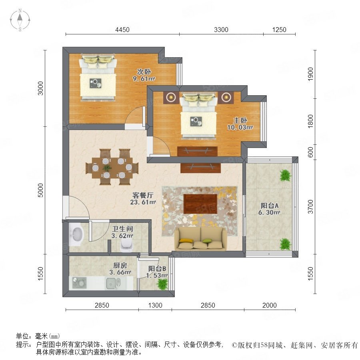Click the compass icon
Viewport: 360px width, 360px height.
point(20,20)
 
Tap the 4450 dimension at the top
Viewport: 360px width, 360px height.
point(122,30)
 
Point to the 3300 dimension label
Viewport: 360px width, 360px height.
point(221,30)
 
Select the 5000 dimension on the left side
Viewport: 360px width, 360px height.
point(40,190)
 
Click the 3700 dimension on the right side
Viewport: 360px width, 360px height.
point(310,207)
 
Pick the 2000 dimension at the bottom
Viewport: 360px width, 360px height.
point(270,305)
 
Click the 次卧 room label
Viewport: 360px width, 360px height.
point(144,72)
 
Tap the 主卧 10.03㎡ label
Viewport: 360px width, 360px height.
point(240,124)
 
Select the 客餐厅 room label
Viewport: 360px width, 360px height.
point(143,195)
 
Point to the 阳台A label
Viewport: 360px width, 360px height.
point(270,206)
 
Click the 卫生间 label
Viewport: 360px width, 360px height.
point(122,229)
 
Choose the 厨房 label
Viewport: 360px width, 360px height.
point(120,266)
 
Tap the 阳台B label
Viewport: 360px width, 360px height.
point(157,268)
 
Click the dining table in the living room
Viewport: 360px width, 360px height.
point(112,167)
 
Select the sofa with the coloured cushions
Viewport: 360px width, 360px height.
point(201,238)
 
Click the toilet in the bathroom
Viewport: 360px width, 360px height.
point(127,245)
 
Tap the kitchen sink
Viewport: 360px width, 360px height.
point(113,283)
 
